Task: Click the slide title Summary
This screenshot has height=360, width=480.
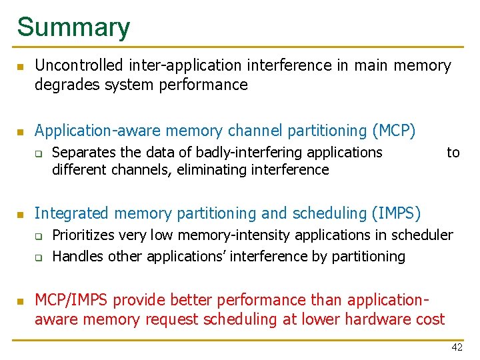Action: [73, 27]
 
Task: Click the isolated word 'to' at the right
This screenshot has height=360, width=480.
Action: [453, 153]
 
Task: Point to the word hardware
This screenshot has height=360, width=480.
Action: [355, 319]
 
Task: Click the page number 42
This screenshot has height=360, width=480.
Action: [457, 347]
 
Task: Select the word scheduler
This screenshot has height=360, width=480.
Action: [423, 235]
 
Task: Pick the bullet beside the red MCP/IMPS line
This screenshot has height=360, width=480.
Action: [21, 301]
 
